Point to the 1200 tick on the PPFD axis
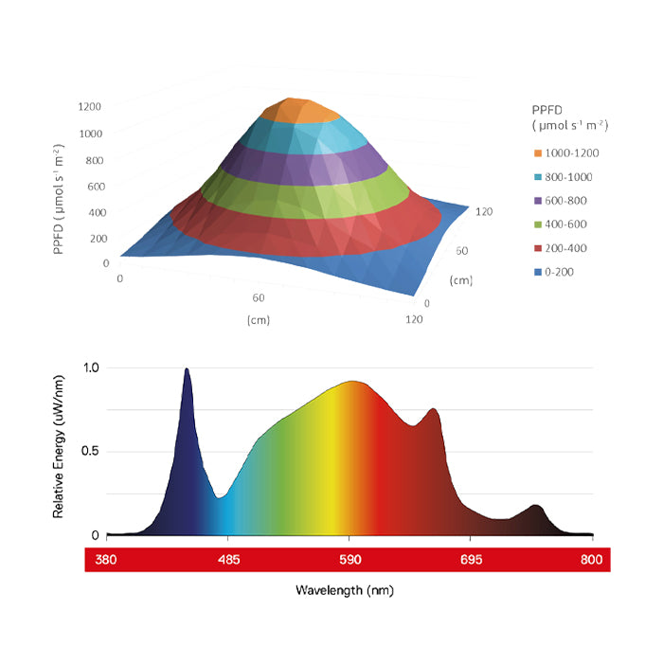pyautogui.click(x=90, y=106)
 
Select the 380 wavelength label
pyautogui.click(x=107, y=560)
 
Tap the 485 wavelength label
pyautogui.click(x=229, y=560)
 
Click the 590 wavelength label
pyautogui.click(x=350, y=560)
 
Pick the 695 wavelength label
pyautogui.click(x=472, y=560)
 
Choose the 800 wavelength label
pyautogui.click(x=592, y=560)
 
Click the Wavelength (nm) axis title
pyautogui.click(x=344, y=590)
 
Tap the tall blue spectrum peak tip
pyautogui.click(x=187, y=370)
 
